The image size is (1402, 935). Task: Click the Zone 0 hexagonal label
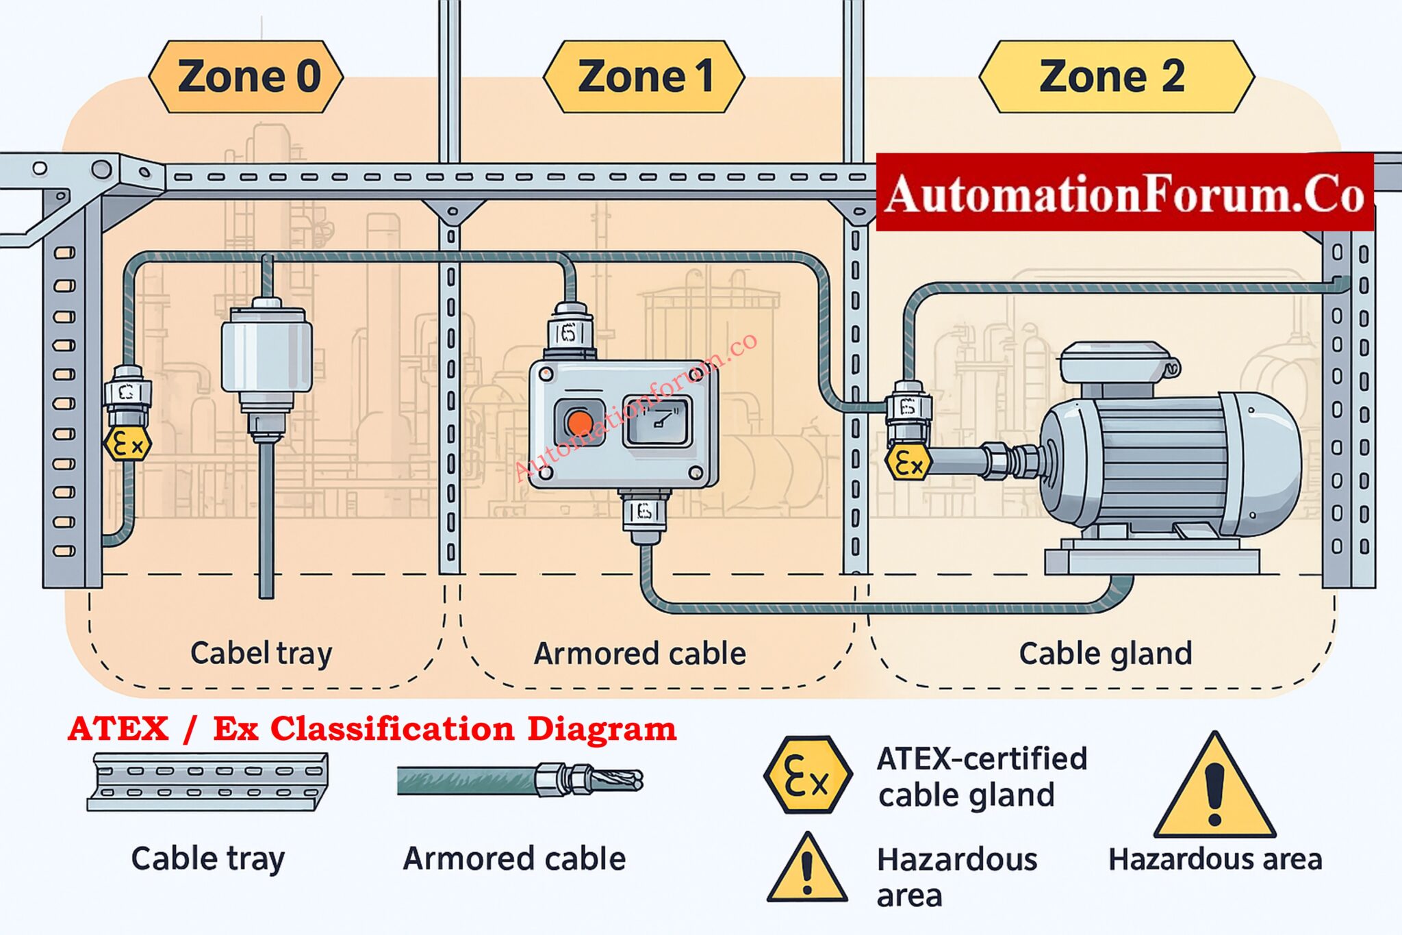(x=246, y=76)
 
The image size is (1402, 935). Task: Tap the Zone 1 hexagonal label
(x=644, y=76)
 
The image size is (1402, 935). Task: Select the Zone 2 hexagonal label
(x=1116, y=76)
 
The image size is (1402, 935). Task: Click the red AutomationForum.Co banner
(x=1124, y=194)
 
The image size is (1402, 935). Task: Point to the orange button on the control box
(x=580, y=424)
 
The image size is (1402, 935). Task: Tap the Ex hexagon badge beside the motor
(x=908, y=463)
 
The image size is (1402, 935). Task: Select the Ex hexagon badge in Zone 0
(x=127, y=445)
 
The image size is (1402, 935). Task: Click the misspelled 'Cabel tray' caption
(x=261, y=653)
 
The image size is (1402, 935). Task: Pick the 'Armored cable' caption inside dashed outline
(x=639, y=654)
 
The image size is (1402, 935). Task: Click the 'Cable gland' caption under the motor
(x=1105, y=653)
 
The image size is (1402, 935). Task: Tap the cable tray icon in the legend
(x=207, y=782)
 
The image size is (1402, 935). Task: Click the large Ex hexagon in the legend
(x=808, y=775)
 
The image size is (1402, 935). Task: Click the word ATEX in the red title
(x=118, y=728)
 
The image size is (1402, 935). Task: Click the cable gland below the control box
(x=643, y=513)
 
